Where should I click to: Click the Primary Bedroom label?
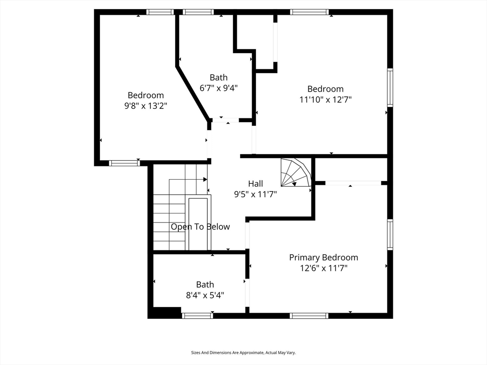323,258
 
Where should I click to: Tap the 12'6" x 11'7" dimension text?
323,268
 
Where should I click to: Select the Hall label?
255,183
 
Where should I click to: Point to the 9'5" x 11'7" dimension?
255,194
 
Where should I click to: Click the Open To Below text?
200,227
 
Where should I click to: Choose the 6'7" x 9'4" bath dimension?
219,88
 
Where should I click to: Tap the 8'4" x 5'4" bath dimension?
205,295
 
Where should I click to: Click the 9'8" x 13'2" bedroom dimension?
146,106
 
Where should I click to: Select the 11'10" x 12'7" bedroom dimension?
325,100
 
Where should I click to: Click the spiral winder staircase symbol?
296,173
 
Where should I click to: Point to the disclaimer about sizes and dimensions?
243,353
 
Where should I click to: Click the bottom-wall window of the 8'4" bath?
197,316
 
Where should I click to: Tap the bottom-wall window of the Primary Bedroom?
309,316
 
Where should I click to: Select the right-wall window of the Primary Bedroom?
390,234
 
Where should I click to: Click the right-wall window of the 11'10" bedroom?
390,87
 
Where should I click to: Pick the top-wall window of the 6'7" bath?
198,12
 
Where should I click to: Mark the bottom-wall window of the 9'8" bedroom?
124,163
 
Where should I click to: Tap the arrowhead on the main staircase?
205,179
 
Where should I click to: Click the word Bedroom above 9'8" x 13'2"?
146,95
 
